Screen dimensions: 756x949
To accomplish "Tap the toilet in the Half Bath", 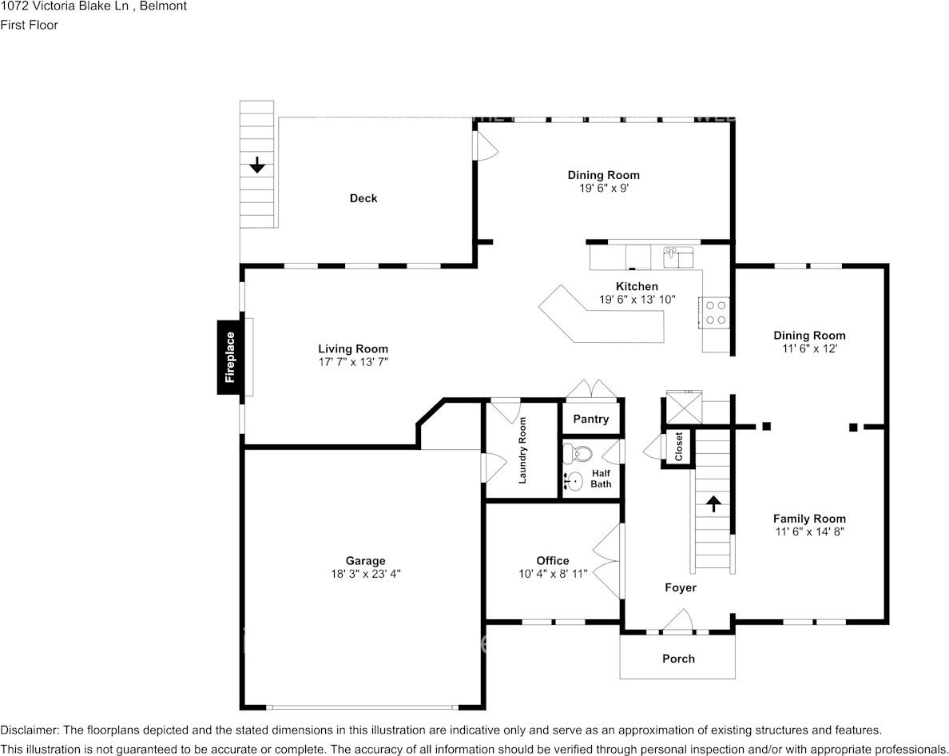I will coord(578,454).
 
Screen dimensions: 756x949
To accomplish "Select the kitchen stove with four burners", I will coord(715,312).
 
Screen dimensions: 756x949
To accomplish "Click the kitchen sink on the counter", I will coord(679,257).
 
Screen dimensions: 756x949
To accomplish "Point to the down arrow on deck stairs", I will coord(256,165).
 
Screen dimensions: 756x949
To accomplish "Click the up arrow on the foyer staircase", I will coord(713,503).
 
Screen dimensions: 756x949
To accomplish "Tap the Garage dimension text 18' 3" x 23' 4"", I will coord(365,573).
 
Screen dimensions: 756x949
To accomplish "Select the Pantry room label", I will coord(591,419).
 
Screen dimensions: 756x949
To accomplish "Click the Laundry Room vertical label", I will coord(522,451).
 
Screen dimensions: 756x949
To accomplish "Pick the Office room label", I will coord(553,560).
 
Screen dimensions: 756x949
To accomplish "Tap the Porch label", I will coord(678,659).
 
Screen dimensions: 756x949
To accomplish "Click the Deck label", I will coord(363,198).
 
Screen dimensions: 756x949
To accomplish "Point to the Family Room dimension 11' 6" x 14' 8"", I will coord(809,531).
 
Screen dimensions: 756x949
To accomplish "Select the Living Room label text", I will coord(353,348).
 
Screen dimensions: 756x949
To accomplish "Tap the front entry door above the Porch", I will coord(677,622).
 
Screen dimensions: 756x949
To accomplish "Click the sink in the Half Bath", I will coord(573,481).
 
